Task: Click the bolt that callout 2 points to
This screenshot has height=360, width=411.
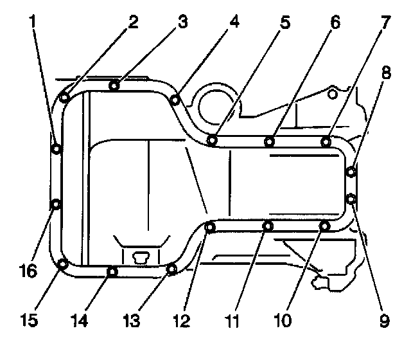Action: coord(65,98)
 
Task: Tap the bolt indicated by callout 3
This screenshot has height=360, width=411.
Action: coord(114,85)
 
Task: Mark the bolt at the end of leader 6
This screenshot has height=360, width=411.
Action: coord(270,140)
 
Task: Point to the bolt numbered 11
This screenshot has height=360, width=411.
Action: coord(268,226)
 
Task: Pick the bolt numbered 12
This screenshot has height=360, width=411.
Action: coord(209,226)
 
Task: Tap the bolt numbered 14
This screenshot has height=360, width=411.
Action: coord(112,271)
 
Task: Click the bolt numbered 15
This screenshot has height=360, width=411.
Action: coord(63,264)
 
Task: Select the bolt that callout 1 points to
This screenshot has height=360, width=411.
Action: coord(57,149)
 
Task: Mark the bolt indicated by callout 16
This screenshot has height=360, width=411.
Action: coord(57,204)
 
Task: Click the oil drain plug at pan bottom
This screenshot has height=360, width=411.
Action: coord(140,256)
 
